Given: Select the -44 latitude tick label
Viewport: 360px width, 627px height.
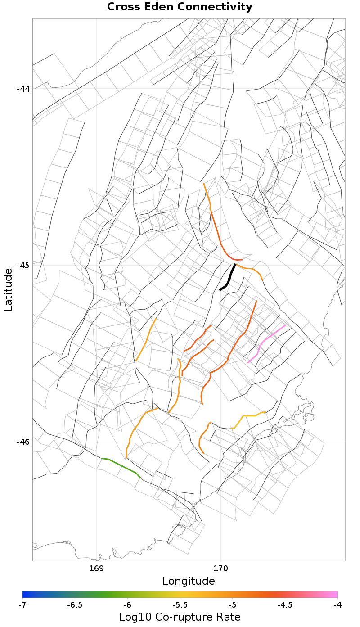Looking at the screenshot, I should pos(23,89).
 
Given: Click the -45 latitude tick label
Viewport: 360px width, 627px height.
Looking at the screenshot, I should pos(23,265).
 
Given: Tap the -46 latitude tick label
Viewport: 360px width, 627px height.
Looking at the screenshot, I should pos(23,442).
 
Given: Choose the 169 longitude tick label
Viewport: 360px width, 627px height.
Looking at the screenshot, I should pos(97,568).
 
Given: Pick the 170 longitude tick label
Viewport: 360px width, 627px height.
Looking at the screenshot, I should pos(221,568).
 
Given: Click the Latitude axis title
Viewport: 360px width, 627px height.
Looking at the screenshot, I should pos(8,289).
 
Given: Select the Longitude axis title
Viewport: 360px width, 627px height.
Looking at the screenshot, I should pos(189,581).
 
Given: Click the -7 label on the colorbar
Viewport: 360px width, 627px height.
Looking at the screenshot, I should pos(22,605).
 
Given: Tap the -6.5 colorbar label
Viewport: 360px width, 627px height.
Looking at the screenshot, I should pos(75,605).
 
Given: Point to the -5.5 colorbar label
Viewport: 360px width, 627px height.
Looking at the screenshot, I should pos(180,605).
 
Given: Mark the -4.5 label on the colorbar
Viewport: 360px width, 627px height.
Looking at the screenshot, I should pos(285,605).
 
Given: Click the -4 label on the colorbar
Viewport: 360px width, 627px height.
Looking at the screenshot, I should pos(337,605).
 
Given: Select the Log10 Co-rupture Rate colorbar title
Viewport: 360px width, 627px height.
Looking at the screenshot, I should pos(180,617).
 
